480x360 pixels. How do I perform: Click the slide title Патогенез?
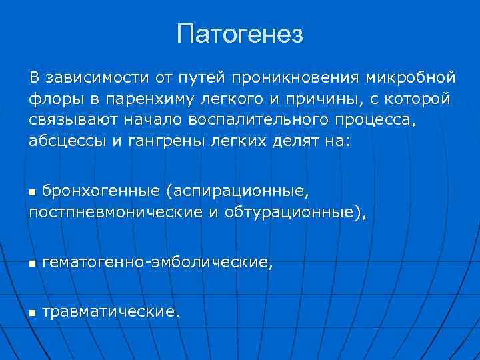coord(240,33)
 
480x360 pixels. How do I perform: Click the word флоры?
coord(51,99)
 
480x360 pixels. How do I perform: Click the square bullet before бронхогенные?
coord(33,193)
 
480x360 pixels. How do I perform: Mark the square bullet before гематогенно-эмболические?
coord(33,264)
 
